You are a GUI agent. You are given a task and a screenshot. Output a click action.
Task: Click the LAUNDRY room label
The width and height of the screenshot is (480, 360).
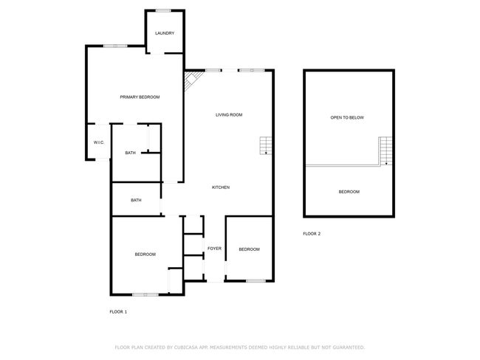coord(165,33)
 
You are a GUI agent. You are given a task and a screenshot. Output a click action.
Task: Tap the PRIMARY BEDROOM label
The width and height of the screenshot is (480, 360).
coord(140,97)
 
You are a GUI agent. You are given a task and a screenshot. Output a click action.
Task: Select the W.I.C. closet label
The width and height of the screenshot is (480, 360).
coord(99,142)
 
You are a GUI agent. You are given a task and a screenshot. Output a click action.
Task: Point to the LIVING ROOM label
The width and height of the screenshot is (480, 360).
coord(229,114)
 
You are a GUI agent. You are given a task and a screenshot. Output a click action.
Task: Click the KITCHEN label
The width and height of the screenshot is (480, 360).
coord(221,187)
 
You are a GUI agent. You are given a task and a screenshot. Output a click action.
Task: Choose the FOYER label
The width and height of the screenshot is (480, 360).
coord(214,249)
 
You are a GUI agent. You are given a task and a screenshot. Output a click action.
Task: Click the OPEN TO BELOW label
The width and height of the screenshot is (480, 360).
coord(347,117)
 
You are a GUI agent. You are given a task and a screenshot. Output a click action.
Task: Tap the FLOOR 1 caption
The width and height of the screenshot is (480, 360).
coord(118,311)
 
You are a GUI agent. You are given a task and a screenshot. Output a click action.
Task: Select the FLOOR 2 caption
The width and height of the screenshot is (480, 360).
coord(312,234)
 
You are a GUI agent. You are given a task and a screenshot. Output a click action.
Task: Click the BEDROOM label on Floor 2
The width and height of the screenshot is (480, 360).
coord(349,192)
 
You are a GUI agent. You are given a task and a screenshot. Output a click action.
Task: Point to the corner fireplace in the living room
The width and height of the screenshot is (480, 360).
coord(192,80)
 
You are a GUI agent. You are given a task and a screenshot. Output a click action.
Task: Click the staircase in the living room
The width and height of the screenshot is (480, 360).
coord(265,145)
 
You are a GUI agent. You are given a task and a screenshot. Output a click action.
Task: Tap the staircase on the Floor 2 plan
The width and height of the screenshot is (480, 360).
coord(385,151)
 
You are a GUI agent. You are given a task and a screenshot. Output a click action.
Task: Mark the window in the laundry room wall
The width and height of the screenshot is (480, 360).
coord(163,11)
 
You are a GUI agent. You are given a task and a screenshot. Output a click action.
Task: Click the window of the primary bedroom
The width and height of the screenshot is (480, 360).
coord(115,46)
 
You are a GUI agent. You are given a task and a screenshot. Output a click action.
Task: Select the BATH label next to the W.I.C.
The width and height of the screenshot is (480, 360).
coord(131,153)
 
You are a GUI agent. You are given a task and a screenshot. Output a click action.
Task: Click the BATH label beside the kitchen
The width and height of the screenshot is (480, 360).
coord(136,201)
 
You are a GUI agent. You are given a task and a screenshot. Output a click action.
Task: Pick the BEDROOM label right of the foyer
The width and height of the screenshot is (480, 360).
coord(249,249)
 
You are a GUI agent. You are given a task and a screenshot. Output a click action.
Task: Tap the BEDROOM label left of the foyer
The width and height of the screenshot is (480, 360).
coord(145,255)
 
